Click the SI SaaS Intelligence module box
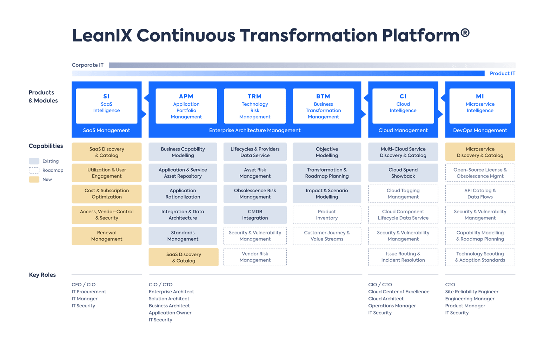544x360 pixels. click(106, 106)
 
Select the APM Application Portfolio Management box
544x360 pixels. click(186, 106)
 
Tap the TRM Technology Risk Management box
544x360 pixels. click(255, 106)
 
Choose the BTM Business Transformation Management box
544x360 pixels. click(323, 106)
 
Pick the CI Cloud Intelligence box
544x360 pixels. click(403, 106)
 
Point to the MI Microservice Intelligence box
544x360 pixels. click(480, 106)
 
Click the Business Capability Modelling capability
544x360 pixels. click(183, 152)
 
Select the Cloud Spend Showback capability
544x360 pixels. click(403, 173)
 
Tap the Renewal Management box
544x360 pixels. click(107, 236)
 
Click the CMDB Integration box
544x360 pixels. click(255, 215)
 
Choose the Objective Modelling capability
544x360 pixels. click(327, 152)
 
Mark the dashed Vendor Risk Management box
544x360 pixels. click(255, 257)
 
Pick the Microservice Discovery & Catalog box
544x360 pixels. click(480, 152)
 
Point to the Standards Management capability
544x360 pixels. click(183, 236)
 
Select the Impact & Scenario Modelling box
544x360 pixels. click(327, 194)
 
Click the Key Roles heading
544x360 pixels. click(42, 275)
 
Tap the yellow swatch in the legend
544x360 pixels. click(34, 180)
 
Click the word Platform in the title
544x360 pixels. click(420, 35)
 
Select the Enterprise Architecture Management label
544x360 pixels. click(255, 130)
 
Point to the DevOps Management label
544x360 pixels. click(480, 130)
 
